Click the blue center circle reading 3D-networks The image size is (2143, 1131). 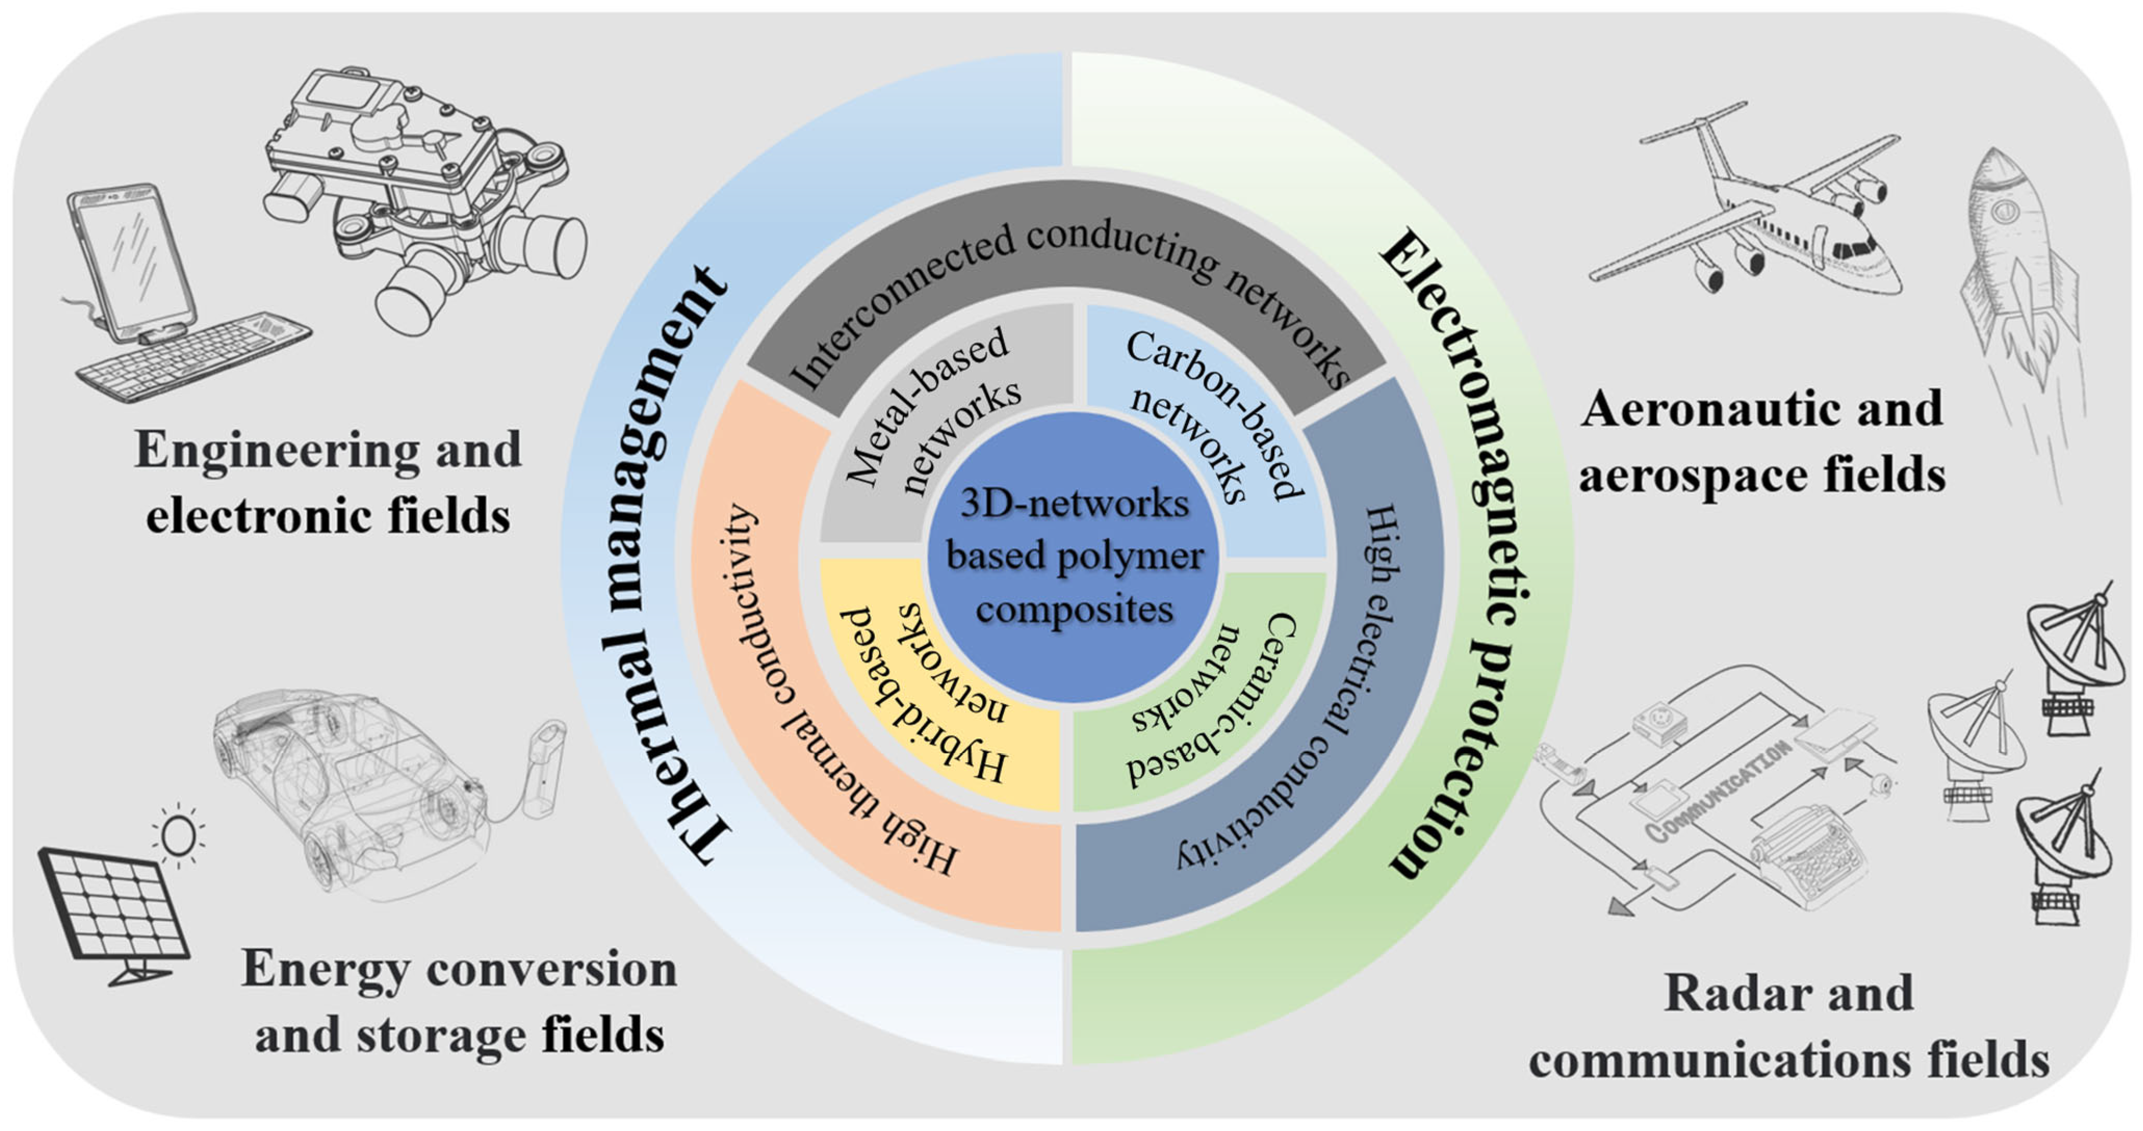pos(1073,557)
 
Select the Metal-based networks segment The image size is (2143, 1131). pos(932,416)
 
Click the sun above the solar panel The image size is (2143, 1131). pos(178,834)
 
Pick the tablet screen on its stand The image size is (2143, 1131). pos(133,258)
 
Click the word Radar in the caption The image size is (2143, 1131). pos(1731,994)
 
